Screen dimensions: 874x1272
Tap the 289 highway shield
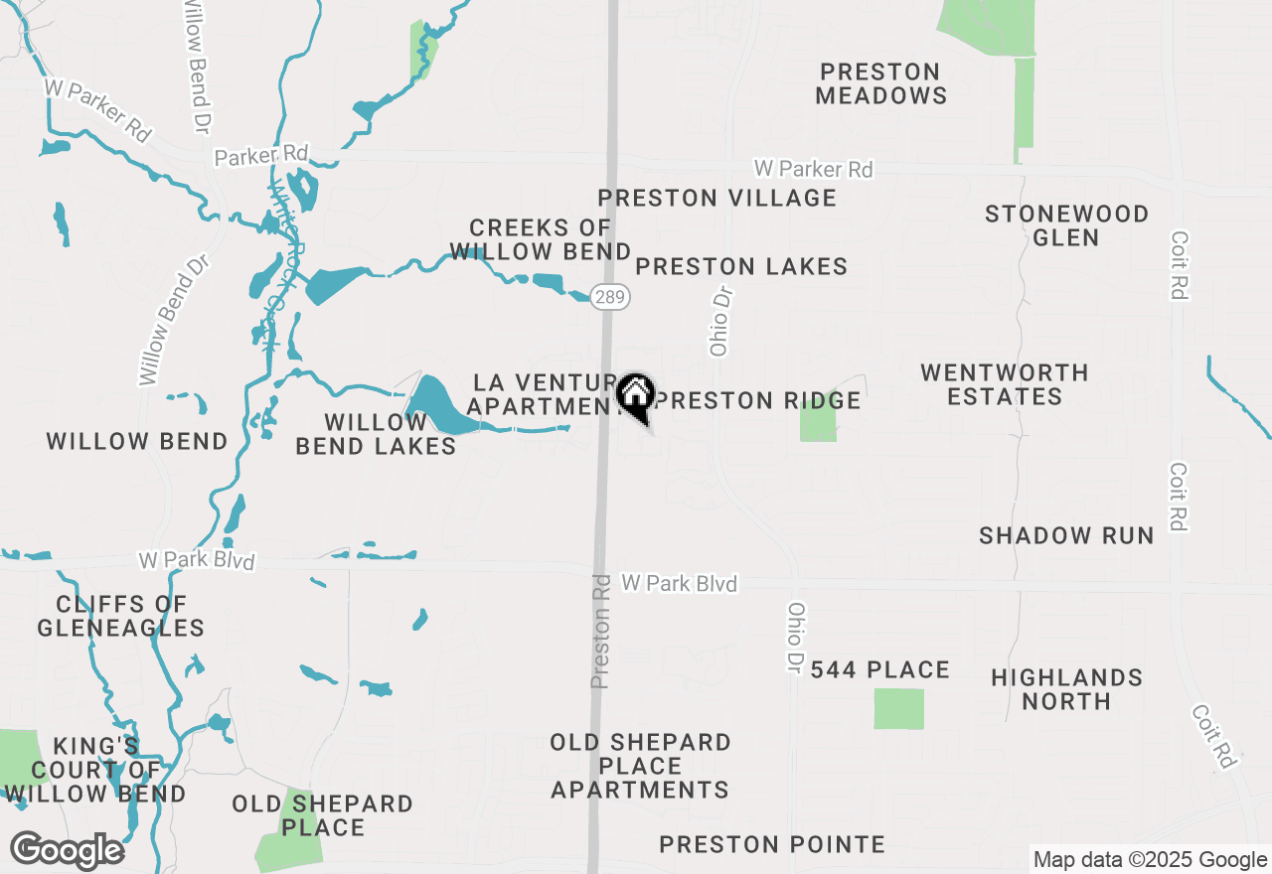[x=609, y=296]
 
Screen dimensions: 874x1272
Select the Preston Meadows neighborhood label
[x=880, y=83]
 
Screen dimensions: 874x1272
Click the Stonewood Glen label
[x=1066, y=225]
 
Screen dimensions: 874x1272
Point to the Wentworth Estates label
[x=1004, y=384]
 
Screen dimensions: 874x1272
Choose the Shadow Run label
[x=1066, y=535]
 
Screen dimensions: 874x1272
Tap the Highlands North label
[x=1066, y=689]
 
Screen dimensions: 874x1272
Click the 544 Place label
[x=879, y=670]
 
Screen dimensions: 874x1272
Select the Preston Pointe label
[x=772, y=845]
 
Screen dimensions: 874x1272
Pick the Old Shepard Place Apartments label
[x=641, y=766]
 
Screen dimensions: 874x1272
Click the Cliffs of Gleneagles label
[x=120, y=616]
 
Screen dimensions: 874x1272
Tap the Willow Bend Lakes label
[x=376, y=434]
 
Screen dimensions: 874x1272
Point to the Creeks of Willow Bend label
[x=540, y=239]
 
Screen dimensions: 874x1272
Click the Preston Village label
[x=716, y=198]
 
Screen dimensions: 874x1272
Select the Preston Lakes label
[x=741, y=266]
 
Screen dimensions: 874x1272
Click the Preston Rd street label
[x=600, y=630]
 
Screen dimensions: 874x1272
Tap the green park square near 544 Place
[x=898, y=709]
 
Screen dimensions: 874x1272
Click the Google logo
[x=67, y=850]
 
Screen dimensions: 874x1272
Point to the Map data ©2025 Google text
[x=1150, y=860]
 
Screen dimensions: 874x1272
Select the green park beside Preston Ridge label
[x=818, y=421]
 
